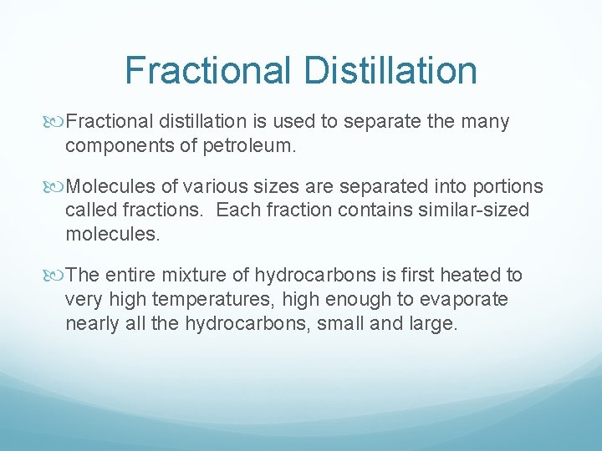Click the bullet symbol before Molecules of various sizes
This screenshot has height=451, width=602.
pos(57,186)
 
